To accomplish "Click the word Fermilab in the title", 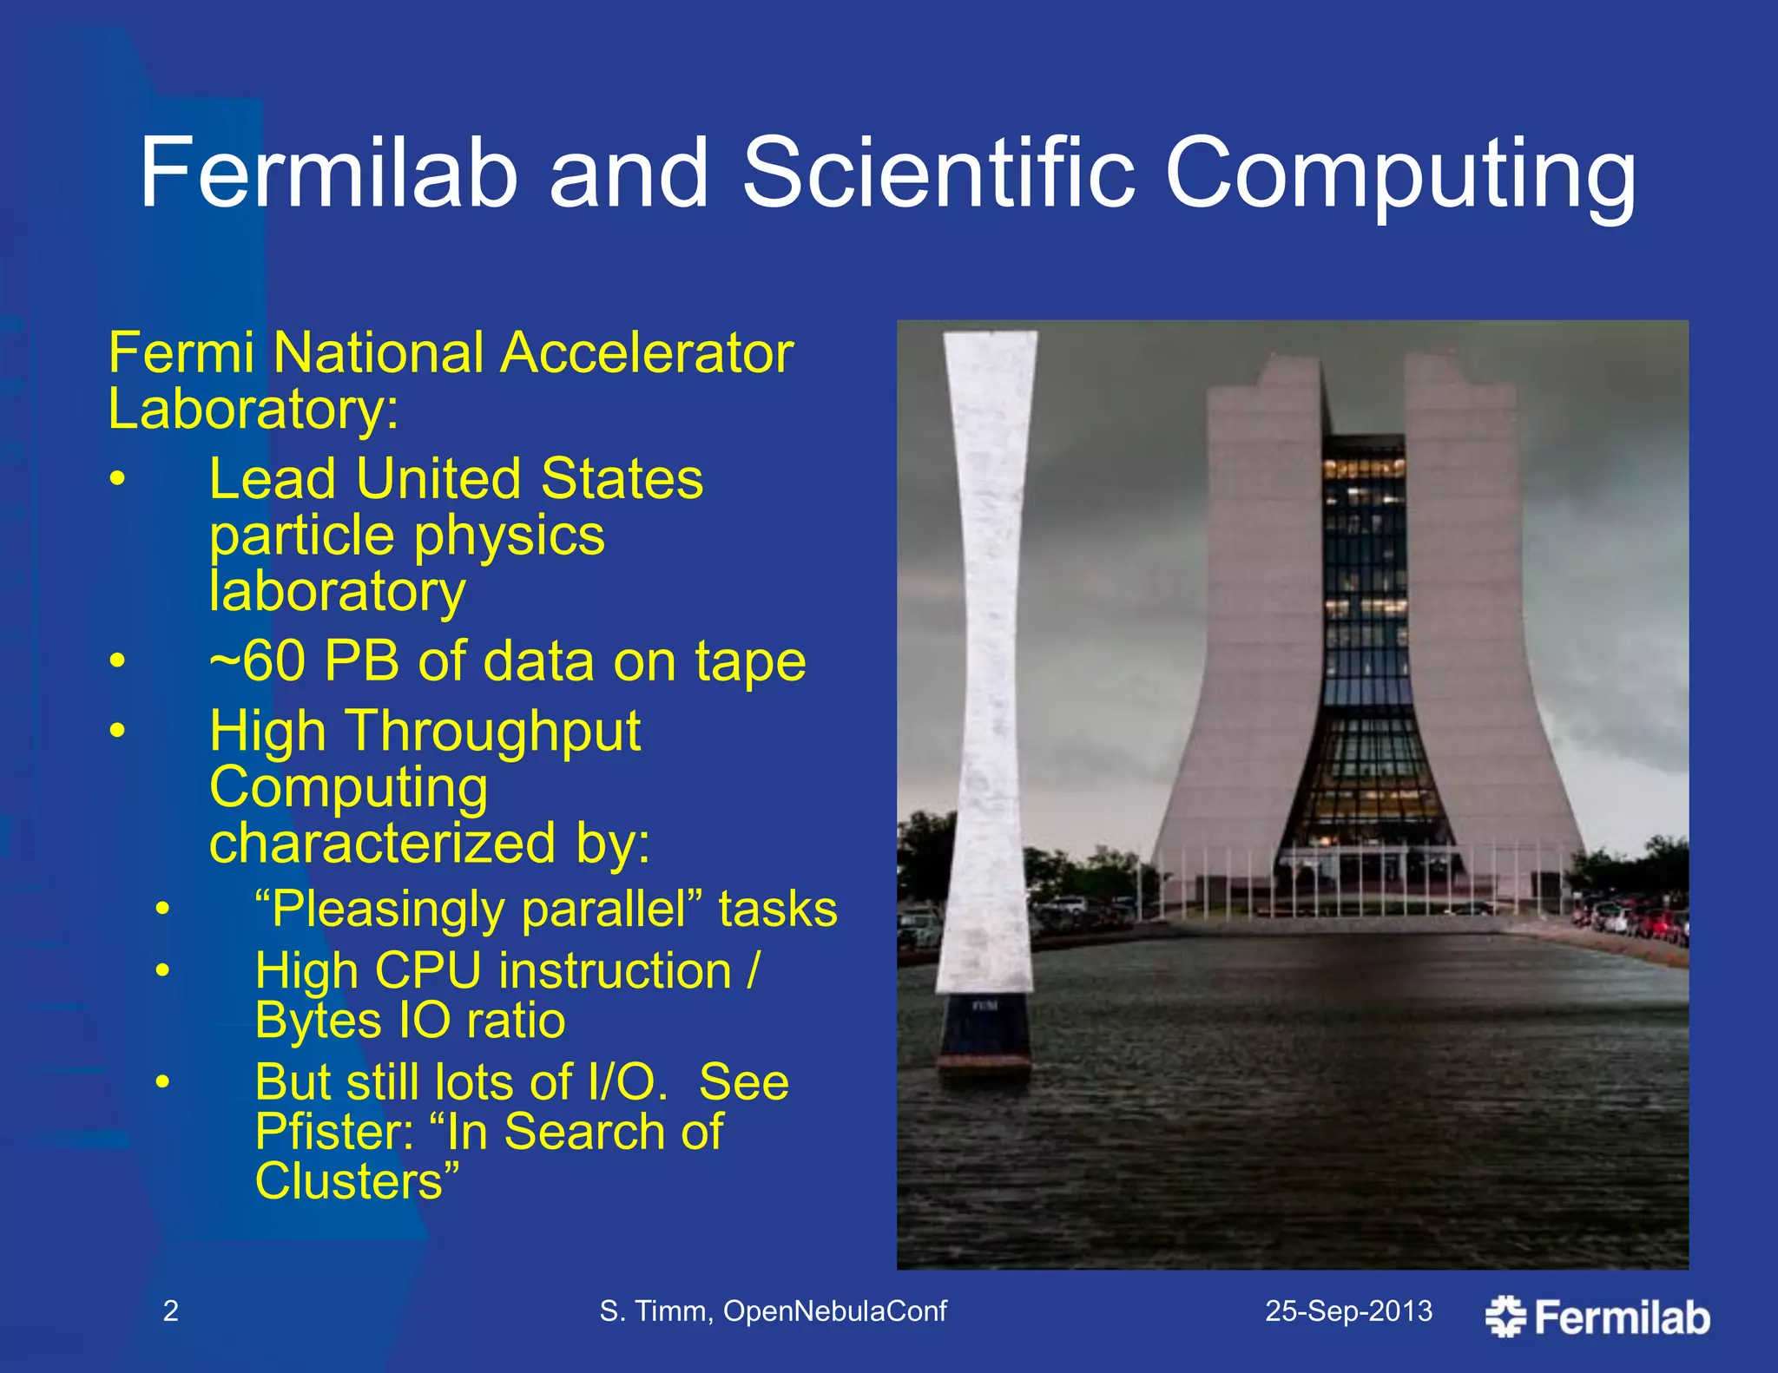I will [328, 174].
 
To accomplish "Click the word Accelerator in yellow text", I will [647, 354].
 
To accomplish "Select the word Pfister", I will [333, 1132].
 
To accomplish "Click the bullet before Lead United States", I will [118, 479].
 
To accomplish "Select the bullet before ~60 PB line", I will [118, 661].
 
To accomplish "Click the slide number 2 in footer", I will [171, 1311].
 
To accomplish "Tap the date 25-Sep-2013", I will [1348, 1311].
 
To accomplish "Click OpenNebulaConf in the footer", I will [834, 1311].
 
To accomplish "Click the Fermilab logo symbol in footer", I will [1505, 1316].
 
